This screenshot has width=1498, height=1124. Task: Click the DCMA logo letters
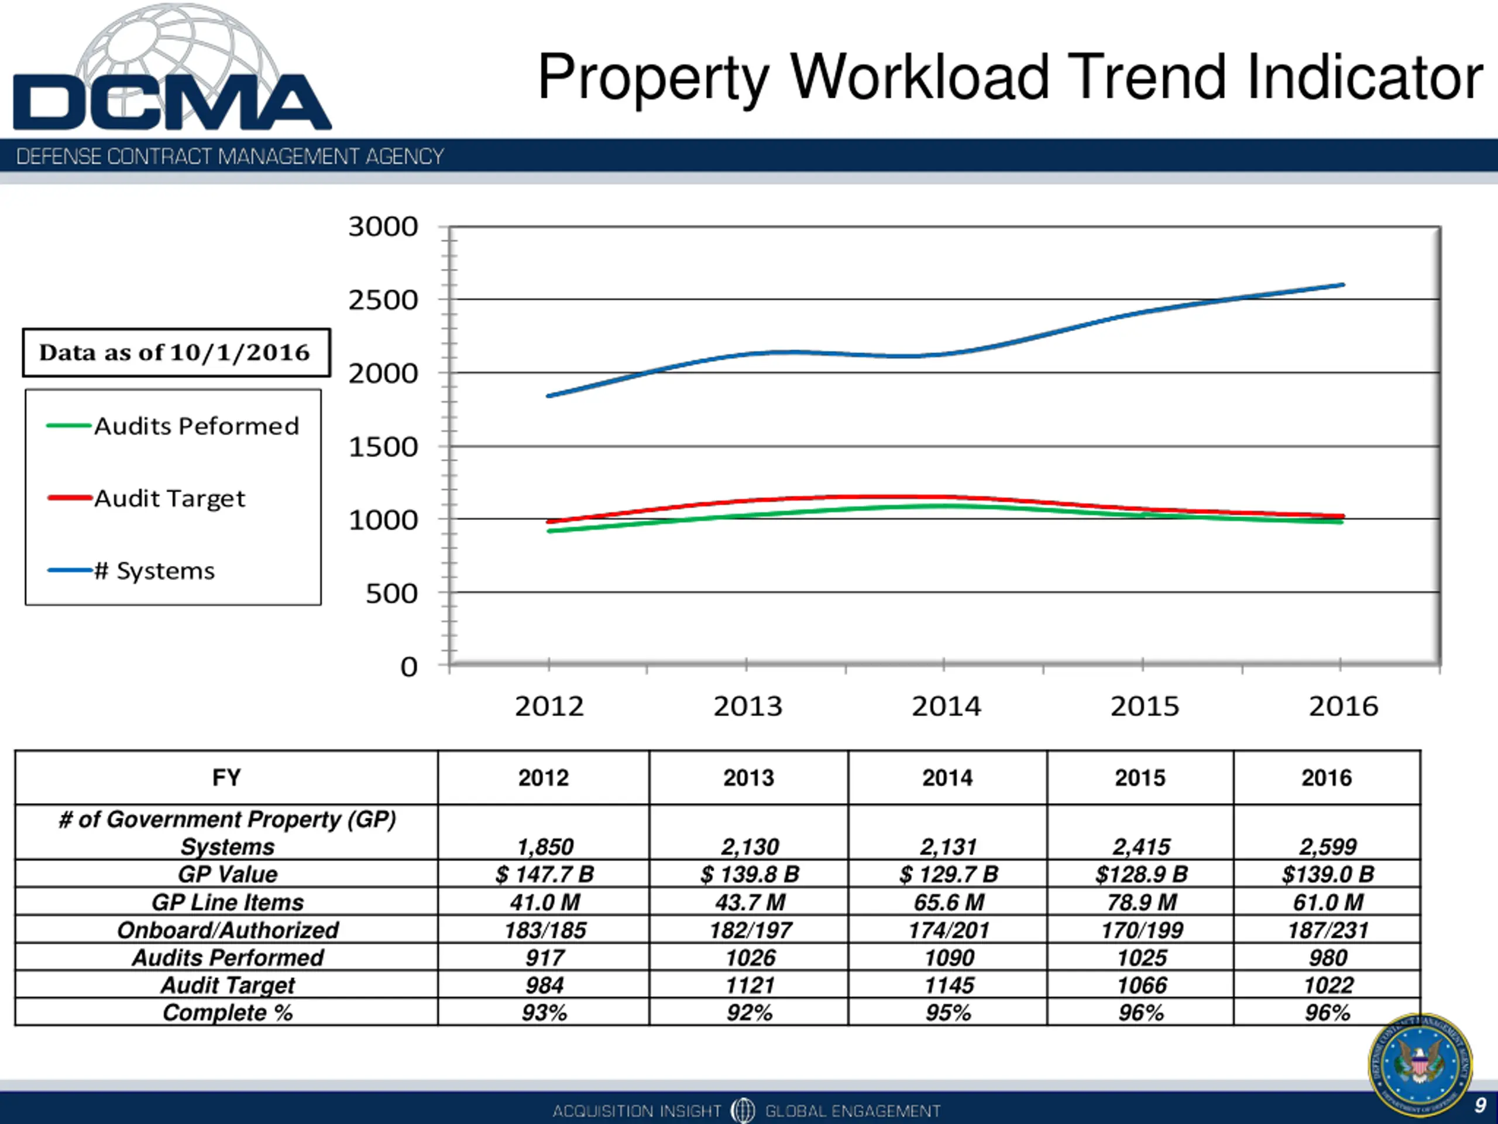point(172,102)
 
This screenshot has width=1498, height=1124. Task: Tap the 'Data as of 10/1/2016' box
point(176,352)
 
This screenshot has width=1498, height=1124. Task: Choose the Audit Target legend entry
point(169,499)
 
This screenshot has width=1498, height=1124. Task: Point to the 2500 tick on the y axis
point(383,300)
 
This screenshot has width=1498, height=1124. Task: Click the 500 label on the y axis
point(391,594)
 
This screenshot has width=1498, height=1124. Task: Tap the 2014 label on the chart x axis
point(946,707)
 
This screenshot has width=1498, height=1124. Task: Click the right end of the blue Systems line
point(1342,285)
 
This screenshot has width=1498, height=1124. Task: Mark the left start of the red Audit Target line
point(548,522)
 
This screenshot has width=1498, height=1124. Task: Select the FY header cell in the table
point(226,777)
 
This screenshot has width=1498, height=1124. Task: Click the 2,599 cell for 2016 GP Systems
point(1327,846)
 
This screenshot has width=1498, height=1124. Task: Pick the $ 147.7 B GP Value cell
point(544,874)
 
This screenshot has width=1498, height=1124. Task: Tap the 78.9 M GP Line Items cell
point(1141,902)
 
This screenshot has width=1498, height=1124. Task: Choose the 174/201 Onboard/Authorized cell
point(948,930)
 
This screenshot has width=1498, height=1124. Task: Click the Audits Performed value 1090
point(948,957)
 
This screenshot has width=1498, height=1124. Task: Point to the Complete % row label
point(228,1012)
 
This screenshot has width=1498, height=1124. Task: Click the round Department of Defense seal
point(1420,1065)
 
